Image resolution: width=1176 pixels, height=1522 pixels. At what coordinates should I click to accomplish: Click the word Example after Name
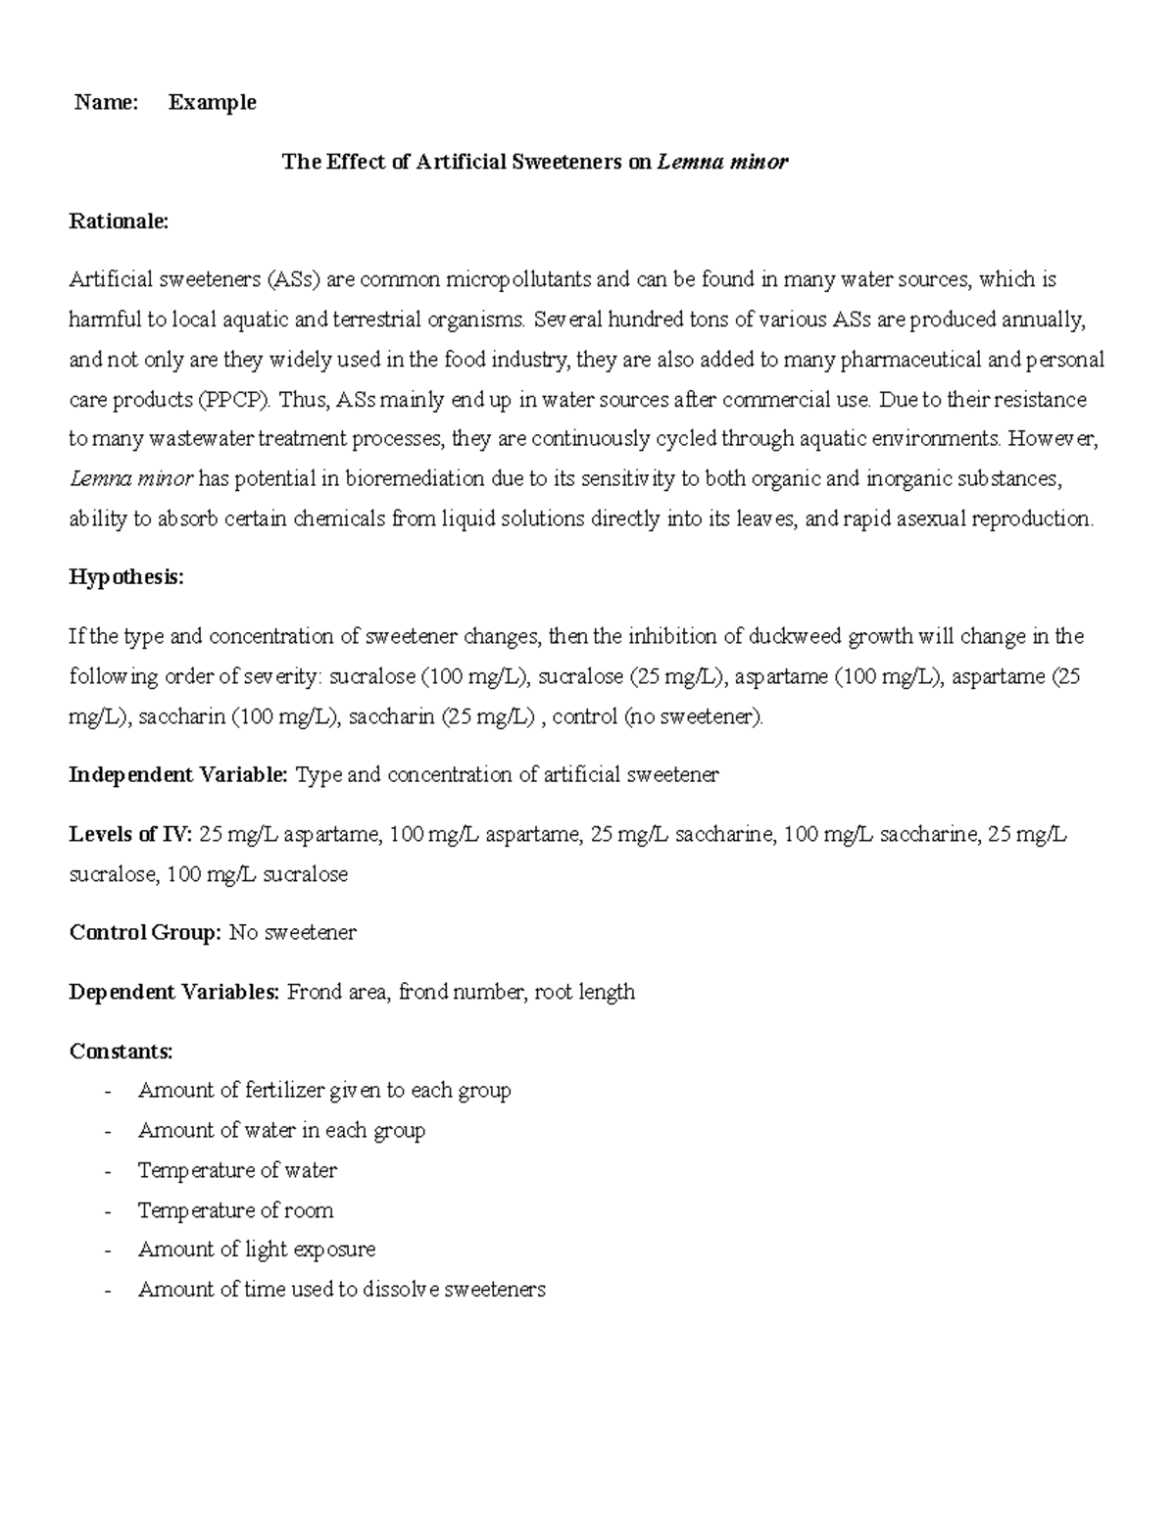212,103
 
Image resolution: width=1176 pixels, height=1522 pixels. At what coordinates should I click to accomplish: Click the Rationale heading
119,221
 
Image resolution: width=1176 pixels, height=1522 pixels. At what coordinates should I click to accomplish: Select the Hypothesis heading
125,578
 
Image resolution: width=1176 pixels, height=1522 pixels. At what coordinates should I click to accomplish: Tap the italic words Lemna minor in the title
722,163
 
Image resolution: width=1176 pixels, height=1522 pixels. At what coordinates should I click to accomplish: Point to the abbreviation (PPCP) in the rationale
236,400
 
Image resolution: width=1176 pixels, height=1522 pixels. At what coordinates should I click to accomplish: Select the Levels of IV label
129,835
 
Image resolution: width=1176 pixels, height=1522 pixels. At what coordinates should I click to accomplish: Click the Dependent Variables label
174,992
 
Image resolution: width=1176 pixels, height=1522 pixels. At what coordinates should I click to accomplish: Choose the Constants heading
121,1052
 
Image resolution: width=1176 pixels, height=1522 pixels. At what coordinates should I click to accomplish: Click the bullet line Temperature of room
235,1210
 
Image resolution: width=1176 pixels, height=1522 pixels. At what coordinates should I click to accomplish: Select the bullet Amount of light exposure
257,1250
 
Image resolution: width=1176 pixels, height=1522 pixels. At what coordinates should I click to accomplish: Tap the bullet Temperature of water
237,1170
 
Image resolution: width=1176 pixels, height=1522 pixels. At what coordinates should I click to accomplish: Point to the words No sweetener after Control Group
292,932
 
